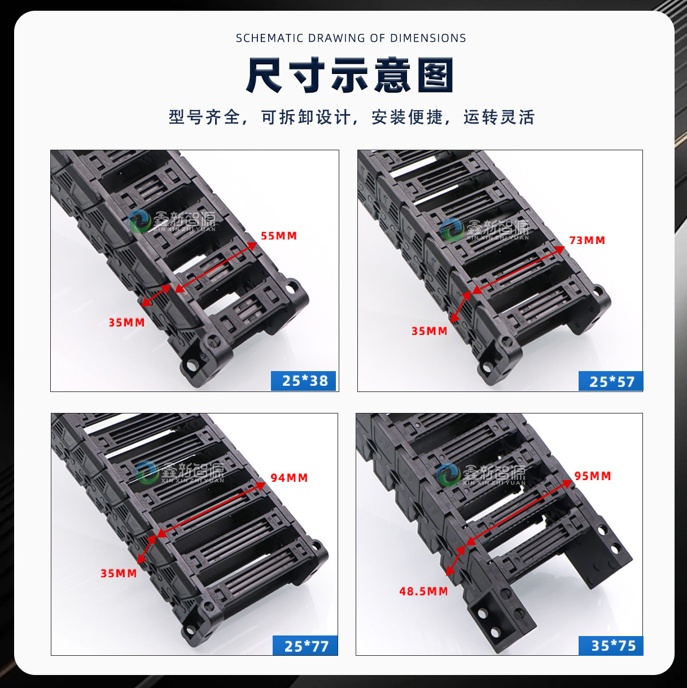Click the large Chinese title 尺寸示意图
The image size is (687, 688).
pos(350,75)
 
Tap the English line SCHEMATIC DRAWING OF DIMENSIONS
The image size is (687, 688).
pos(351,38)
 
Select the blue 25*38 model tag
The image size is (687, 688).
pos(304,381)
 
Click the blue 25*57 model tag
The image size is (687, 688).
pos(611,381)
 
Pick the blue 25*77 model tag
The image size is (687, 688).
pos(305,646)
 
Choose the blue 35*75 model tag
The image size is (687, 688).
pos(611,646)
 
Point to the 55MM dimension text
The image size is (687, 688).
pos(279,236)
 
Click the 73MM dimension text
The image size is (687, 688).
pos(587,240)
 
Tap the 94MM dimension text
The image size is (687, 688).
pos(289,478)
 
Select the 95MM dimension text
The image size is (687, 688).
pos(593,476)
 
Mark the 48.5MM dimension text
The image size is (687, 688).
pos(423,591)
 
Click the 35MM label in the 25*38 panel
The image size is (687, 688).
pos(126,323)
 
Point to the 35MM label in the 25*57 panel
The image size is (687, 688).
pos(430,331)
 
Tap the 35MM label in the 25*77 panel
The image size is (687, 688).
pos(119,574)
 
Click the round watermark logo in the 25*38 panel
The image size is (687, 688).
pos(139,221)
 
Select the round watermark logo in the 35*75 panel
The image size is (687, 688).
pos(449,475)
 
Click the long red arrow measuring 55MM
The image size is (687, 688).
pos(216,267)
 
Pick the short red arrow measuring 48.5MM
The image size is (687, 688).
pos(456,560)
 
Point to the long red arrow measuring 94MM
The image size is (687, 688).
pos(211,510)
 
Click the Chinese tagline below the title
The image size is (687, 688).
pos(352,117)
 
